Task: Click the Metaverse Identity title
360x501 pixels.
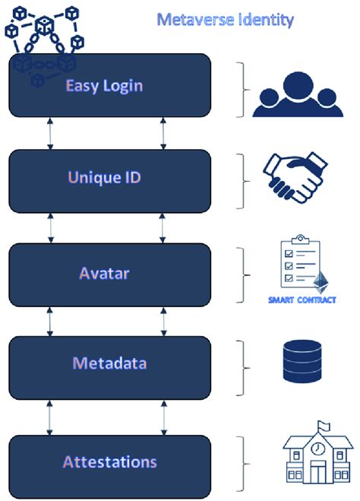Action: [225, 19]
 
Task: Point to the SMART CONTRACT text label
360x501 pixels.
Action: [302, 300]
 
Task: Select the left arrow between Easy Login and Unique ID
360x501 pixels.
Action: [50, 133]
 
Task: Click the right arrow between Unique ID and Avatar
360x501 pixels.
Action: [163, 227]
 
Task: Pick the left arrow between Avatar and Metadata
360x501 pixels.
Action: [50, 320]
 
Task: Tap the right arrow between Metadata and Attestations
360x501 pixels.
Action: [163, 415]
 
